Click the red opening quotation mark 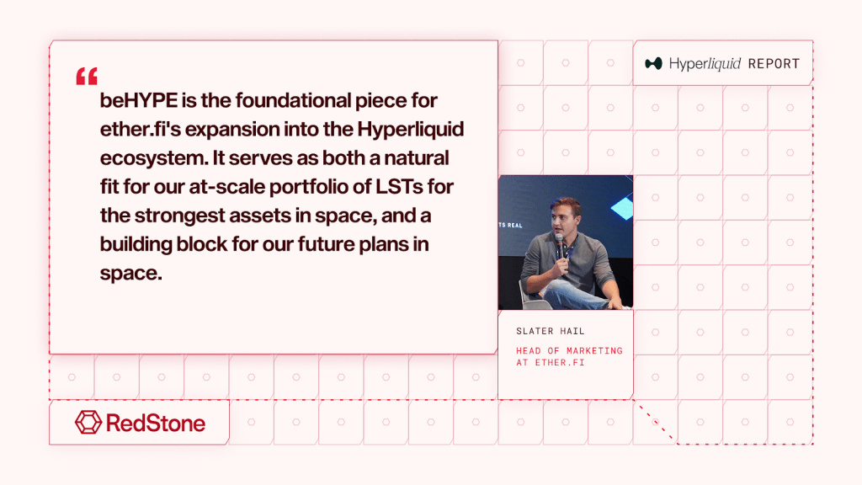87,77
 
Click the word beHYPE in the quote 139,101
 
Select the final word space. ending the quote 130,274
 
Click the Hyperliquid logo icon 653,64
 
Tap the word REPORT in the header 774,64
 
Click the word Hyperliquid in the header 705,64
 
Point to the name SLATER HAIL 551,331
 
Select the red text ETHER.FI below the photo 560,363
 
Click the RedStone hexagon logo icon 88,423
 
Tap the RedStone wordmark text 156,423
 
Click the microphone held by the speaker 559,245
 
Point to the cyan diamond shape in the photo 622,209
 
